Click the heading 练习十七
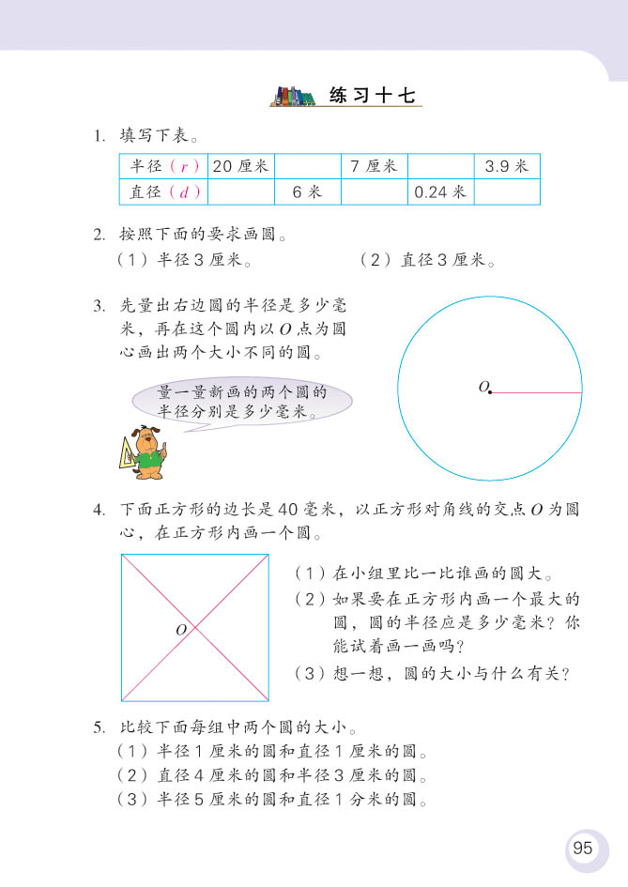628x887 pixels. pyautogui.click(x=372, y=96)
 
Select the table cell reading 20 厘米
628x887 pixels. pyautogui.click(x=240, y=166)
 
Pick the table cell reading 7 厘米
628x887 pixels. pyautogui.click(x=374, y=166)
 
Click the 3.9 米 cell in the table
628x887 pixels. pyautogui.click(x=507, y=166)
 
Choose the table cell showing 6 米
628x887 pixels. pyautogui.click(x=307, y=191)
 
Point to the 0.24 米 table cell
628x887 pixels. pyautogui.click(x=440, y=191)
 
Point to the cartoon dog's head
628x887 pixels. pyautogui.click(x=146, y=439)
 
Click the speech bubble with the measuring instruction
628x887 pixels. pyautogui.click(x=242, y=401)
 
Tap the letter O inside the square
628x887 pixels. pyautogui.click(x=181, y=630)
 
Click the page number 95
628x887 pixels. pyautogui.click(x=582, y=848)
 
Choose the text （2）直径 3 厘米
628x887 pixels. pyautogui.click(x=427, y=260)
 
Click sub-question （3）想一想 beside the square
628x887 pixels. pyautogui.click(x=434, y=673)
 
